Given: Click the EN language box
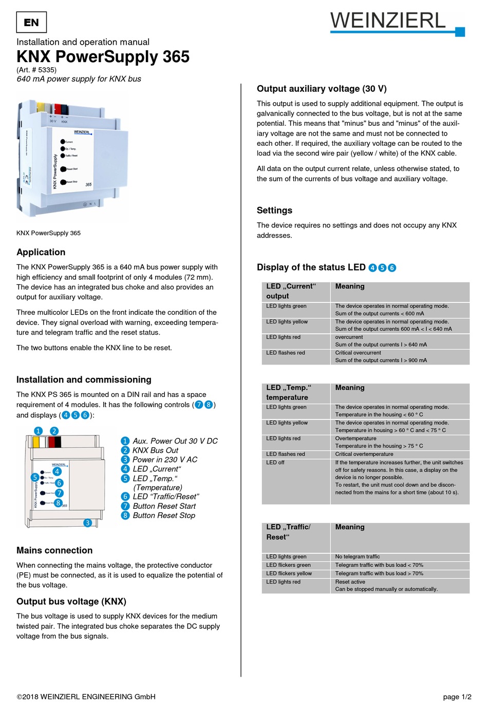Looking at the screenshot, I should click(31, 23).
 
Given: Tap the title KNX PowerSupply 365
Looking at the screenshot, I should click(103, 56).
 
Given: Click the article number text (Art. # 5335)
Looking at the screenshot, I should click(36, 70).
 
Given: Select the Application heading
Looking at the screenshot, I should click(41, 252).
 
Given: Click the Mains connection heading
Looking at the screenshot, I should click(54, 550).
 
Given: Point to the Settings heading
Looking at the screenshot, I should click(274, 210).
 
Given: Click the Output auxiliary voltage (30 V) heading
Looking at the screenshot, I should click(322, 89).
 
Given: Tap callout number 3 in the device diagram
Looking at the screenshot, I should click(88, 523).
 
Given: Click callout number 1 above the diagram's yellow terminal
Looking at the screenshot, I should click(39, 431).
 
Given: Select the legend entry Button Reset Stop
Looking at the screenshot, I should click(163, 515).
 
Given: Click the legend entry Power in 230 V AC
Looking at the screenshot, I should click(164, 459).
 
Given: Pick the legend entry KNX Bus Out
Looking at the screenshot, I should click(155, 450).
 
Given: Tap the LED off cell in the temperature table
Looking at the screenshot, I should click(275, 463).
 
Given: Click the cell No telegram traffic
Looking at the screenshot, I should click(357, 556).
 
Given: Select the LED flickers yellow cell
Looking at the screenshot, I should click(289, 573).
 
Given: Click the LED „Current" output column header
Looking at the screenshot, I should click(291, 291).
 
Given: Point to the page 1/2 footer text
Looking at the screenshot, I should click(457, 697).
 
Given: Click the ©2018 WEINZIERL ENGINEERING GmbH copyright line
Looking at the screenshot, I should click(86, 697).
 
